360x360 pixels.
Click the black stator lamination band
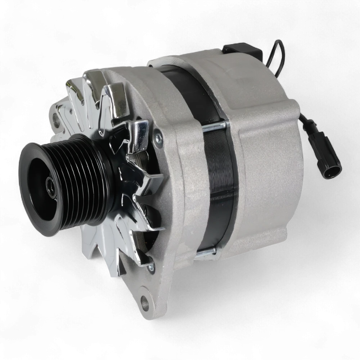point(220,187)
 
